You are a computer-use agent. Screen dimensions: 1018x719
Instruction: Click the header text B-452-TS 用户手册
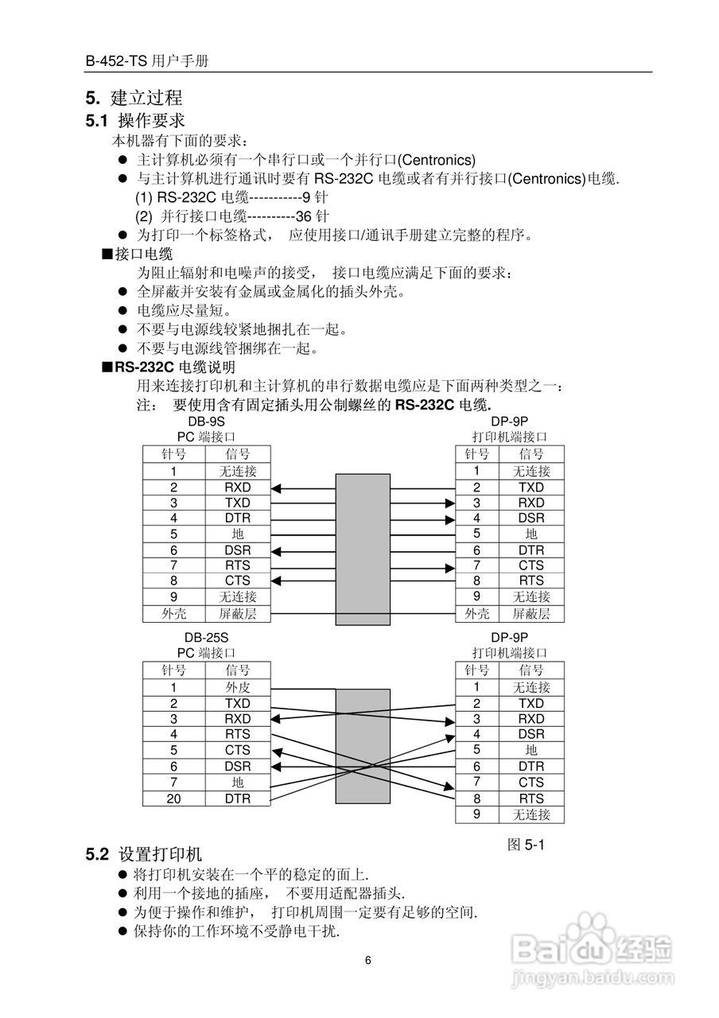148,61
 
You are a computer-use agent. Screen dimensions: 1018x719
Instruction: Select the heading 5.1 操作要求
135,121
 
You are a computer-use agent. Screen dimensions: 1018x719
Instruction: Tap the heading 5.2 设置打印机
144,855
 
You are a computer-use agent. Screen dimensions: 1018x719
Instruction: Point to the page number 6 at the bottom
368,960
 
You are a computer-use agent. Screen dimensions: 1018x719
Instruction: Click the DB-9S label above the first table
205,422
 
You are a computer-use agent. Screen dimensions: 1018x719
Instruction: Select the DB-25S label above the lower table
205,638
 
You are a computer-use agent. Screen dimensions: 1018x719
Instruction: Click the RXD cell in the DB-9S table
237,488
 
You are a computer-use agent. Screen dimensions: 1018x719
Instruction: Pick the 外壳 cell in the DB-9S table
173,614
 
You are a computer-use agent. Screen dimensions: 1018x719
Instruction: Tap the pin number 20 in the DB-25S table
173,798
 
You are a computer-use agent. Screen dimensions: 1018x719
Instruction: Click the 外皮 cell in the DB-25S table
237,688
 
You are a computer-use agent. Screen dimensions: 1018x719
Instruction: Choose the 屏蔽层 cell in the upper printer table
531,614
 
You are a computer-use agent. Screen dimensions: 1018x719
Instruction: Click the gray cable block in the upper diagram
363,549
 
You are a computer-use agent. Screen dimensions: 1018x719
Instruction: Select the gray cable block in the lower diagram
363,746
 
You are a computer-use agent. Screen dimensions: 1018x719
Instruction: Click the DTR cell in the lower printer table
531,767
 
